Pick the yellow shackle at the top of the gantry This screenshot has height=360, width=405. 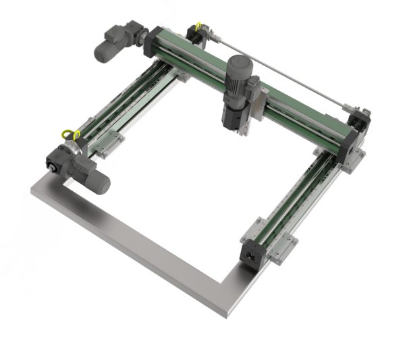point(198,28)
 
